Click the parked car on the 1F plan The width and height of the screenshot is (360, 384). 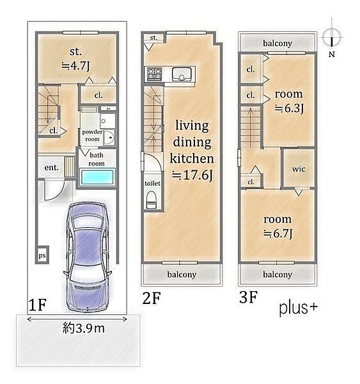(x=87, y=257)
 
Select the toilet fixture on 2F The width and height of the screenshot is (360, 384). (x=152, y=200)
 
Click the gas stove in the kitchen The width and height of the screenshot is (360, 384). (x=155, y=74)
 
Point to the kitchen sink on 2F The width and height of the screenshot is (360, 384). (x=182, y=74)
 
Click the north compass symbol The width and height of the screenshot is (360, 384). (x=332, y=38)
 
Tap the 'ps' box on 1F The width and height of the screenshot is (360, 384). (x=42, y=255)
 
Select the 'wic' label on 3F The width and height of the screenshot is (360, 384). (x=299, y=169)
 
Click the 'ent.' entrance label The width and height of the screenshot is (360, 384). (x=52, y=168)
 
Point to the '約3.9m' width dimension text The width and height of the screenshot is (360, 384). (x=84, y=328)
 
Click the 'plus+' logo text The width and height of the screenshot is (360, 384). (x=299, y=308)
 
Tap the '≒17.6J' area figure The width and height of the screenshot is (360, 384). (x=192, y=175)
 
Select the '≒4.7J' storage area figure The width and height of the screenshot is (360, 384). (x=76, y=66)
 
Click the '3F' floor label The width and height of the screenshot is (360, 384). (x=248, y=297)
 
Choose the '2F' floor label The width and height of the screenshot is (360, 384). (x=152, y=298)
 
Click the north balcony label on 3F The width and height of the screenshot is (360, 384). (x=278, y=44)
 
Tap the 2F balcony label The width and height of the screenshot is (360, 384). (x=182, y=275)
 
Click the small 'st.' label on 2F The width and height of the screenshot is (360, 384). (x=153, y=38)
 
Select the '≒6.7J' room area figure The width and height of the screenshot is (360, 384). (x=278, y=234)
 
